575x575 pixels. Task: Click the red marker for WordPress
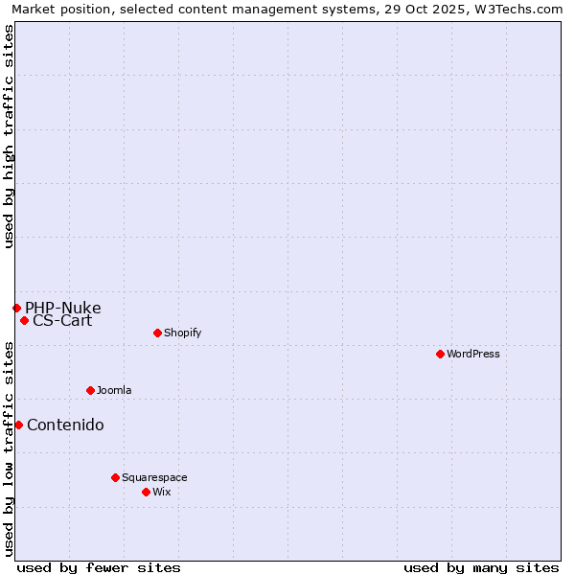(440, 354)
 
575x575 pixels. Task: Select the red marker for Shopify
(157, 333)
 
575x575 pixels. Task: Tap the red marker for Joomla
(90, 390)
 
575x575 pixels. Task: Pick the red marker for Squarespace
(115, 477)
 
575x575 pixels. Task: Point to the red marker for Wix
(146, 492)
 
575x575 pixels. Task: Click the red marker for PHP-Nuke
(16, 308)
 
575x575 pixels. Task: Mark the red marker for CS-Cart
(24, 320)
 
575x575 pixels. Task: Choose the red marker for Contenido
(18, 425)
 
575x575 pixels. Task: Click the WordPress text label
(473, 354)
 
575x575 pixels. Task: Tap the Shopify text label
(182, 333)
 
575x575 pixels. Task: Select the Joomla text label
(114, 390)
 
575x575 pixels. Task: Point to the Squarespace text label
(154, 477)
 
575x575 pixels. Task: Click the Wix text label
(161, 492)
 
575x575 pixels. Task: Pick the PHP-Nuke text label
(62, 308)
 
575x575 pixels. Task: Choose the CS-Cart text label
(62, 320)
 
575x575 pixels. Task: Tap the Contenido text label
(65, 425)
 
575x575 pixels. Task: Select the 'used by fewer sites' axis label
(99, 567)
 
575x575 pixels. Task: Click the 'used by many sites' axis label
(481, 567)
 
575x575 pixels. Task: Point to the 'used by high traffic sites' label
(9, 136)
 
